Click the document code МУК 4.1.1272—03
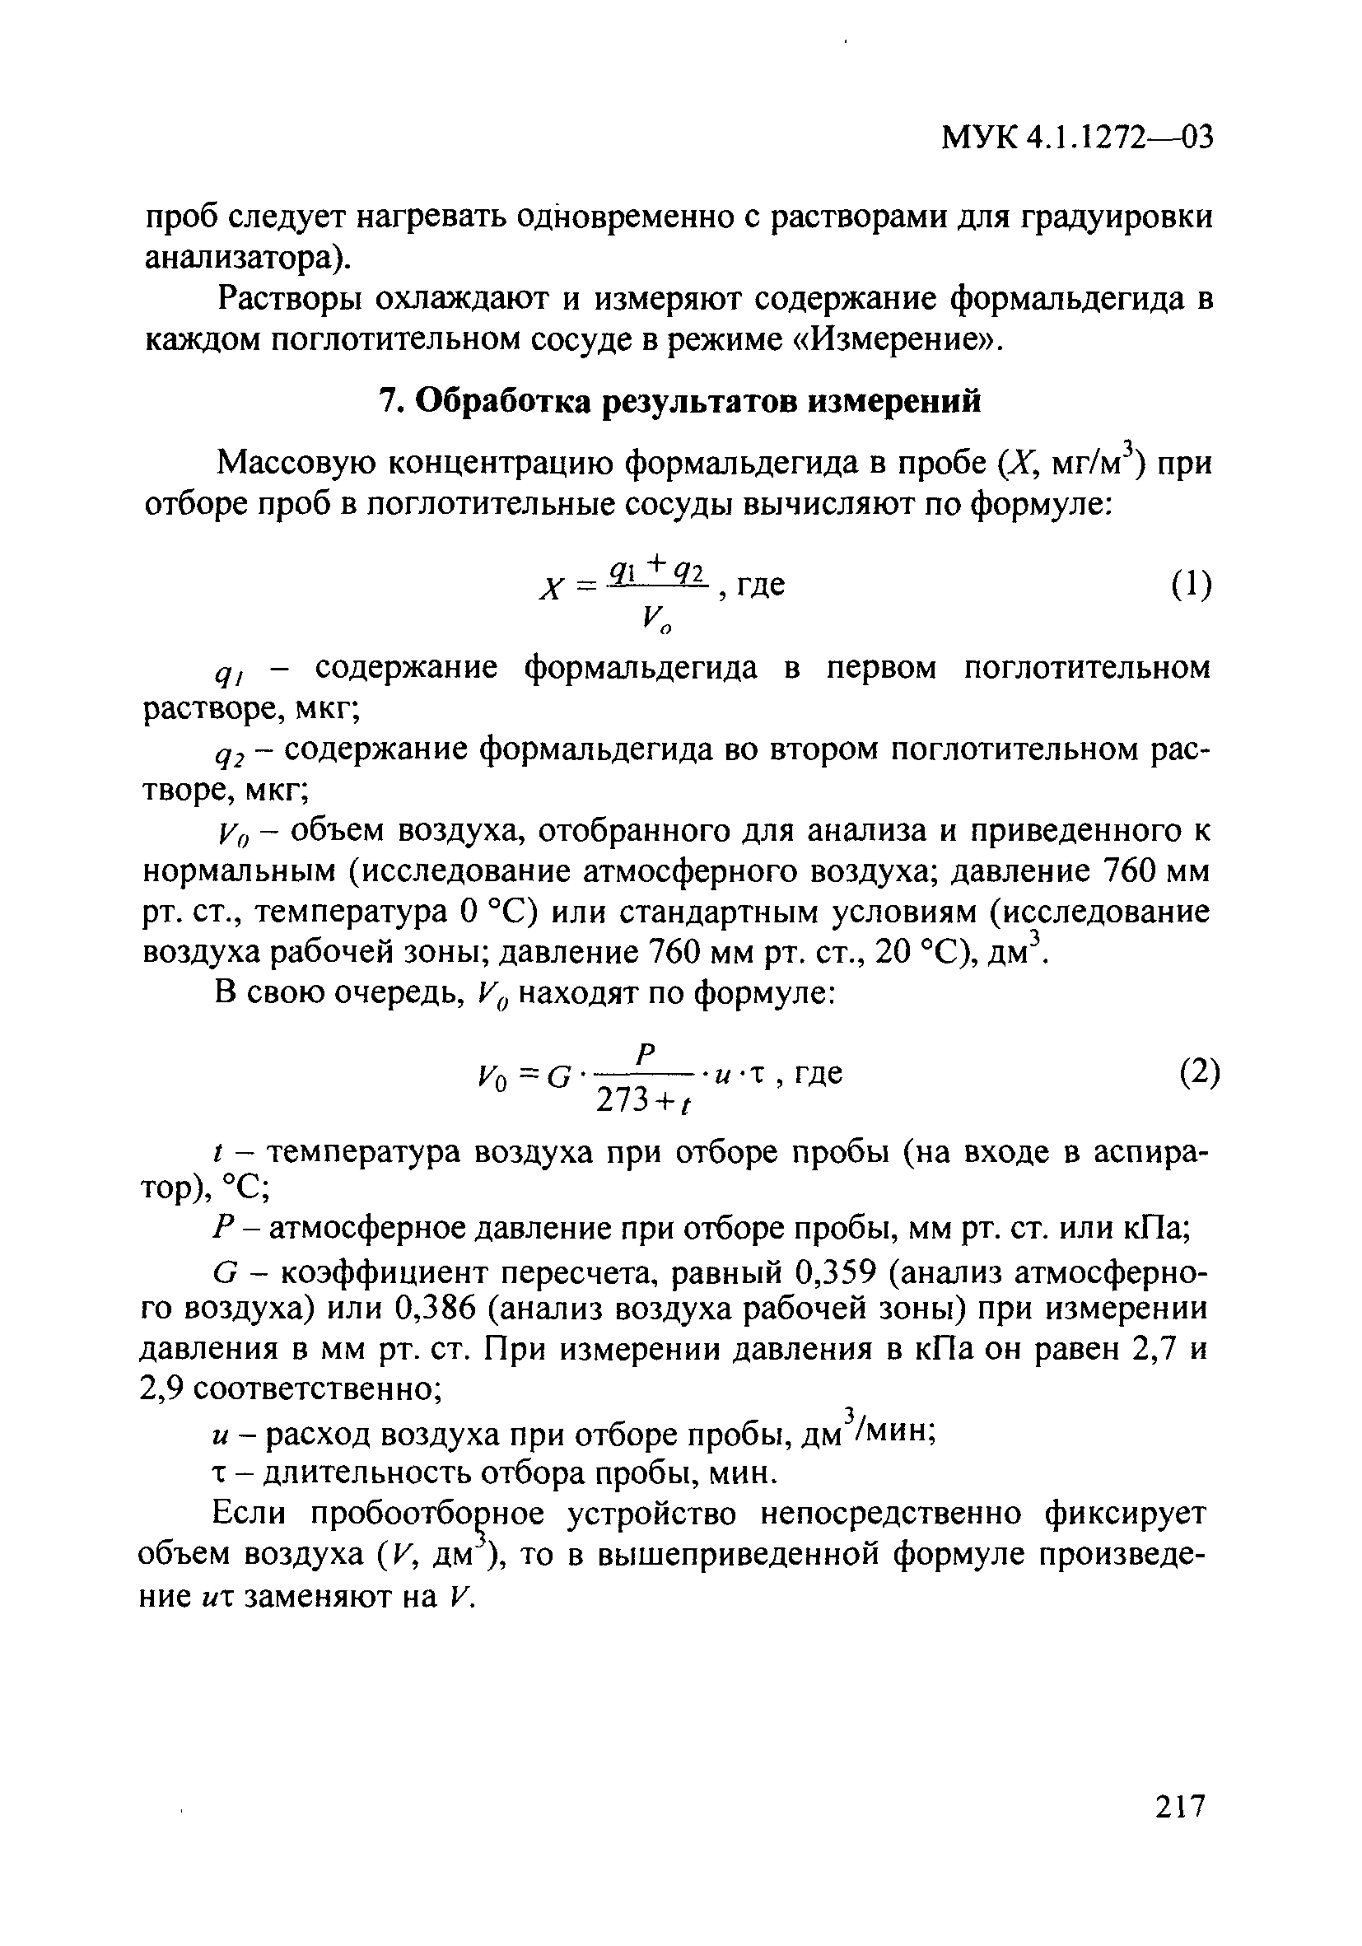(x=1076, y=137)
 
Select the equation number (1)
(x=1191, y=585)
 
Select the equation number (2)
(x=1198, y=1075)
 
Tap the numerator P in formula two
(x=646, y=1054)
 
